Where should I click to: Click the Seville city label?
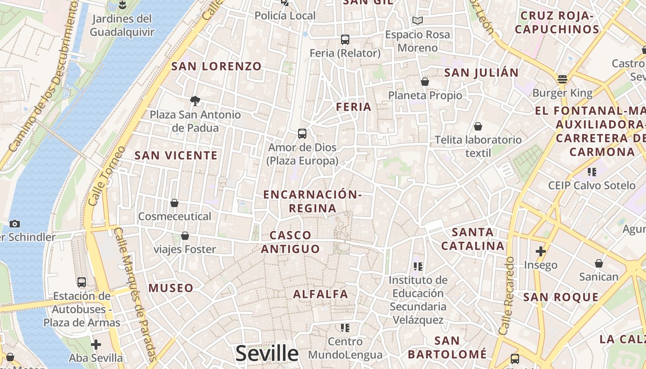[267, 353]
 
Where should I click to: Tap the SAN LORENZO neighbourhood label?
[216, 66]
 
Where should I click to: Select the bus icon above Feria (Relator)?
[345, 40]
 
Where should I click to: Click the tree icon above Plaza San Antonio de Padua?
[195, 101]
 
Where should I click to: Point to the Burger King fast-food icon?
[562, 79]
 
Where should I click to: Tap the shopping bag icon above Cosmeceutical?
[174, 203]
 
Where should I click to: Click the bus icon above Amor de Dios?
[302, 134]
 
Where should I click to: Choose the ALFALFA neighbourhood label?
[321, 294]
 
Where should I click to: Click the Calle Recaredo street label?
[507, 295]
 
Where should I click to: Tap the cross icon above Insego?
[540, 251]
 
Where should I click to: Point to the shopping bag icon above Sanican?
[598, 263]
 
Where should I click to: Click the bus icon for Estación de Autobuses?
[82, 282]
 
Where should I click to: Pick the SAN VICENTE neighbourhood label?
[176, 155]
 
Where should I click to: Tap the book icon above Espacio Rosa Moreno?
[418, 21]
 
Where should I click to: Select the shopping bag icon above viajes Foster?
[185, 236]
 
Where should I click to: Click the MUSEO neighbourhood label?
[171, 288]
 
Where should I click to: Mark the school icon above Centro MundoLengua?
[345, 328]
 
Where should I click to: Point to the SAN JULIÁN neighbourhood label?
[481, 72]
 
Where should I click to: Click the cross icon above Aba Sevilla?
[96, 345]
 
